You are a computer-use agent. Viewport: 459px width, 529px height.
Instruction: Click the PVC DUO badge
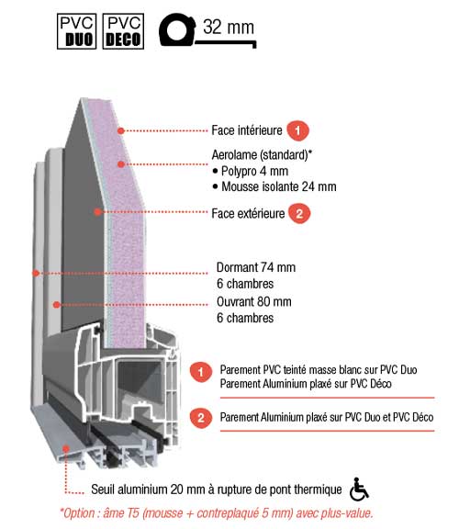click(x=76, y=31)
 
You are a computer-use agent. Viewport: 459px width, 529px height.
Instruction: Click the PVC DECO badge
click(x=123, y=31)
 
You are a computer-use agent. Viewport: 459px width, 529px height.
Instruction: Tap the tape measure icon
click(x=177, y=29)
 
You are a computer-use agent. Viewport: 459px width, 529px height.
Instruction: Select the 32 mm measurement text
click(x=229, y=27)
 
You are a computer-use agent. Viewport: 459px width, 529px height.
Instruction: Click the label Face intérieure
click(x=247, y=130)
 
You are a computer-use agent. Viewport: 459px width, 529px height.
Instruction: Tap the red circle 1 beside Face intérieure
click(x=297, y=130)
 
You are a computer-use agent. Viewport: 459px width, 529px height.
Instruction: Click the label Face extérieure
click(x=248, y=214)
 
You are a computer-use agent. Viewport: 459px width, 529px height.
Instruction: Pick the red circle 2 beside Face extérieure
click(x=299, y=213)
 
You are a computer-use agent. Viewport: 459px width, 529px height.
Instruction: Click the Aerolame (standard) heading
click(x=262, y=155)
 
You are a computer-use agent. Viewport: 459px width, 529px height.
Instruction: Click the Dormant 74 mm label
click(x=256, y=267)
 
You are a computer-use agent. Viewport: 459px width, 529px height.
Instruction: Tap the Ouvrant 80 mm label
click(x=254, y=301)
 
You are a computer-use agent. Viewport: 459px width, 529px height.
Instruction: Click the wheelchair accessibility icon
click(x=359, y=489)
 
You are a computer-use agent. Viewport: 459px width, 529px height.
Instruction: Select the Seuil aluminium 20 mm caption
click(x=217, y=490)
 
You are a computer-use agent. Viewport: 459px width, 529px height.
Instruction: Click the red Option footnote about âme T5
click(x=216, y=513)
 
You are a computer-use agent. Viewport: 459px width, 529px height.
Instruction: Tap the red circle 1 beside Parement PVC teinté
click(x=201, y=372)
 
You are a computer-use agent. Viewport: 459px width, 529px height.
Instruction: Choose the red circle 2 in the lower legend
click(x=201, y=418)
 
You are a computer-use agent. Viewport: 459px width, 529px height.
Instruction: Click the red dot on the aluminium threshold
click(x=66, y=448)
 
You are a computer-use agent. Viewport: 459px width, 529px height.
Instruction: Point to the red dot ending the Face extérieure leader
click(x=97, y=212)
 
